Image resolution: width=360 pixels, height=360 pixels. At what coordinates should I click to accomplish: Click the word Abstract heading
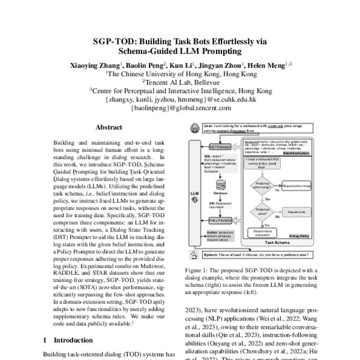[x=109, y=128]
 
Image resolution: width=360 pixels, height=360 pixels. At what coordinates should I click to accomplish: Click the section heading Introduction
[x=80, y=340]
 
